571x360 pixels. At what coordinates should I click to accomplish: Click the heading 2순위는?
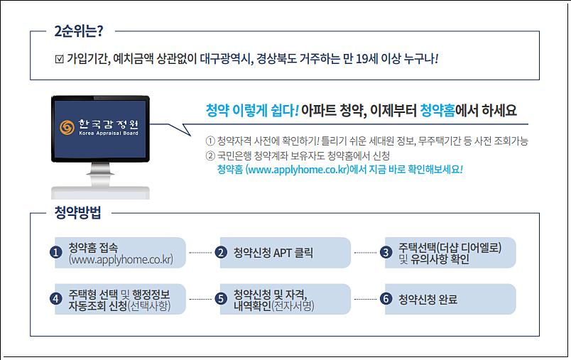coord(79,31)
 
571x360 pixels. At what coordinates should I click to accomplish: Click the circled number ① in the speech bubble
coord(209,141)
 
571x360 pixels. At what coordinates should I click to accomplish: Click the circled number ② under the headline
coord(209,156)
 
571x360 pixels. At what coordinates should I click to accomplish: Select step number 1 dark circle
coord(55,253)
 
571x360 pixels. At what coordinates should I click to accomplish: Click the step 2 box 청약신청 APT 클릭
coord(273,253)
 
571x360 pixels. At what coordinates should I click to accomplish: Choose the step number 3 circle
coord(386,253)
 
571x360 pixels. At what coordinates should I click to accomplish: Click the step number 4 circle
coord(55,299)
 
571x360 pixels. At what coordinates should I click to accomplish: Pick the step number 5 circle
coord(221,299)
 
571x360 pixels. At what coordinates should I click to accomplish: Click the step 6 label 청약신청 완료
coord(428,299)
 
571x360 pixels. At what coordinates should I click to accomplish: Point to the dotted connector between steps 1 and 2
coord(201,253)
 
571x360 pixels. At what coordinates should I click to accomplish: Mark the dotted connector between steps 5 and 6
coord(365,299)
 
